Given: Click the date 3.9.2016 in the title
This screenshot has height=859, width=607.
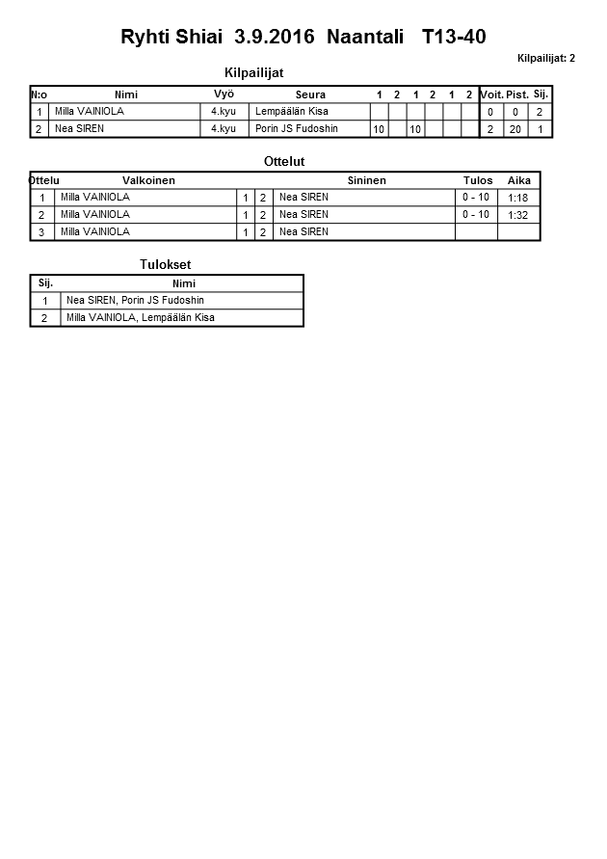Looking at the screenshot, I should pyautogui.click(x=275, y=38).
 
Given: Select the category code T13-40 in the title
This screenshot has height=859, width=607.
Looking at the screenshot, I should pyautogui.click(x=454, y=38).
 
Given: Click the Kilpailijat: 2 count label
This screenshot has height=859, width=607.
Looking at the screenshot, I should pyautogui.click(x=545, y=59).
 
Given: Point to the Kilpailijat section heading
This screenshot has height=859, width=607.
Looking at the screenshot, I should pyautogui.click(x=253, y=72).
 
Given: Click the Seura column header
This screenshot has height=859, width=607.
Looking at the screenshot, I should pyautogui.click(x=310, y=94).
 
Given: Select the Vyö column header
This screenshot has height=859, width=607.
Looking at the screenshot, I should pyautogui.click(x=224, y=94).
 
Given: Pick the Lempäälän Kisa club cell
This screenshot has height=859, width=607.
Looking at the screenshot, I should pyautogui.click(x=292, y=112).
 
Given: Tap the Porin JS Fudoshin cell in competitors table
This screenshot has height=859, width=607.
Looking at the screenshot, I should pyautogui.click(x=297, y=128).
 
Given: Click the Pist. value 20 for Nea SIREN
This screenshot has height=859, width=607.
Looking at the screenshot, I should pyautogui.click(x=515, y=129).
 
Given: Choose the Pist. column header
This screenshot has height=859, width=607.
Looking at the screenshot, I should pyautogui.click(x=517, y=94).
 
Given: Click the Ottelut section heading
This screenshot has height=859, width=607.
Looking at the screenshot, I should pyautogui.click(x=284, y=161).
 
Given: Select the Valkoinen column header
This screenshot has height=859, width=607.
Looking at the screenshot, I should pyautogui.click(x=148, y=180).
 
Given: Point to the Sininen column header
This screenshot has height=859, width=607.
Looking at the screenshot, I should pyautogui.click(x=366, y=180).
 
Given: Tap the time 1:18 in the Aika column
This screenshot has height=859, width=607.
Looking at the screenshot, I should pyautogui.click(x=518, y=198).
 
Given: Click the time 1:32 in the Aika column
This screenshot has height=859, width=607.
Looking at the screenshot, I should pyautogui.click(x=518, y=215).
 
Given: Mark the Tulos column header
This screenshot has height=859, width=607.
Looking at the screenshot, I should pyautogui.click(x=478, y=180).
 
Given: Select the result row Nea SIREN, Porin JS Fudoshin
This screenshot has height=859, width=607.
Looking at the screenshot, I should pyautogui.click(x=135, y=300).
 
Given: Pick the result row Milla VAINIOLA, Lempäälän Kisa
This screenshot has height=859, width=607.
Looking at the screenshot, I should pyautogui.click(x=140, y=317).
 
